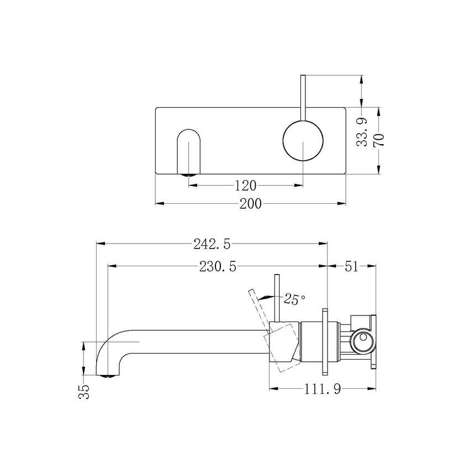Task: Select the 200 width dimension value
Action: click(250, 204)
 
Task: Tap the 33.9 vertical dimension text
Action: click(362, 132)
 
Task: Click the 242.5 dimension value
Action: click(212, 242)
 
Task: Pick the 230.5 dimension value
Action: click(218, 267)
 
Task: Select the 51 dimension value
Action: click(352, 267)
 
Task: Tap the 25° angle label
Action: click(295, 299)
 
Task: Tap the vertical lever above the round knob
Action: click(303, 97)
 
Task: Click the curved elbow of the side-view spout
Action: click(110, 345)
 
